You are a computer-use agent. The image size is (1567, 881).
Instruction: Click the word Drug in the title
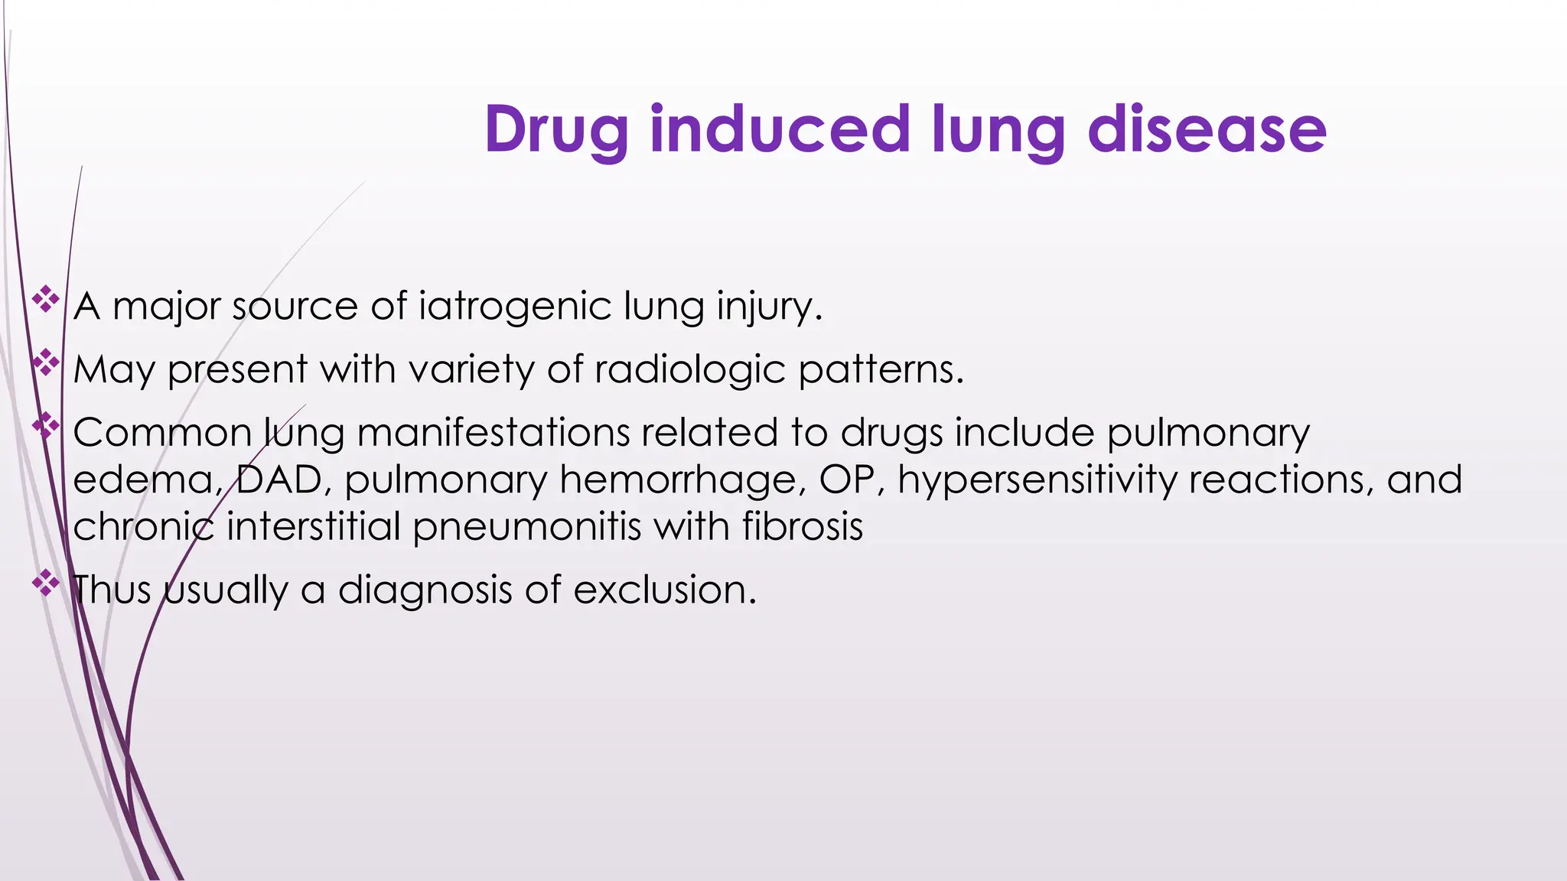tap(556, 130)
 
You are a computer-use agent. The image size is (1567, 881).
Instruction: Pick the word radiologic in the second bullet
tap(689, 370)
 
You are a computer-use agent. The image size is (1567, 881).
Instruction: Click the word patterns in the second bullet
tap(880, 370)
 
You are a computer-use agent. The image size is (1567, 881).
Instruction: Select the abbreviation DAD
tap(279, 480)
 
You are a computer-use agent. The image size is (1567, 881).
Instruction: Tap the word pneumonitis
tap(527, 528)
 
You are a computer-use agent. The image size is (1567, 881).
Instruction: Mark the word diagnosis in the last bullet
tap(425, 590)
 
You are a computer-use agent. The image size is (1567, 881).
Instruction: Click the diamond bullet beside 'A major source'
tap(46, 299)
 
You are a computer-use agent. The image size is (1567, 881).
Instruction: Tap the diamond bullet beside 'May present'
tap(46, 362)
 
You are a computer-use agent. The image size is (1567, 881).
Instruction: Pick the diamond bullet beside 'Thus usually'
tap(46, 584)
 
